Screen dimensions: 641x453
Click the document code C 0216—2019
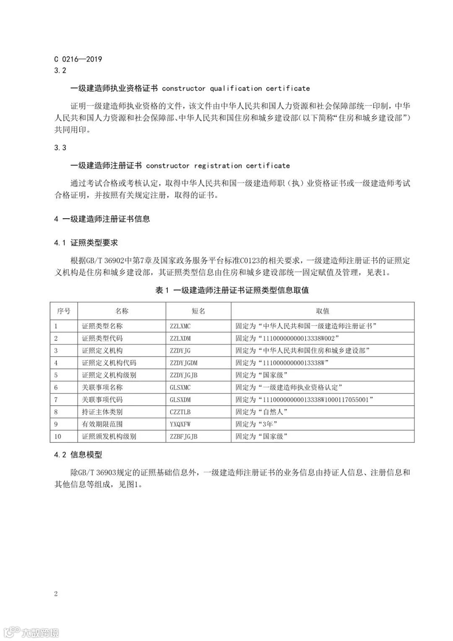tap(78, 59)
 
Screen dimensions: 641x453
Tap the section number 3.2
tap(60, 71)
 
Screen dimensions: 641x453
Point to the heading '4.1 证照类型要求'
tap(86, 243)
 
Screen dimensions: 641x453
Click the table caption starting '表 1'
tap(232, 290)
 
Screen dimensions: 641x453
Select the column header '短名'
tap(198, 311)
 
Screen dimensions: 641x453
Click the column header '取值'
tap(323, 311)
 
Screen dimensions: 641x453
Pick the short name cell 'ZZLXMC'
tap(180, 326)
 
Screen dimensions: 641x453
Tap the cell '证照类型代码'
tap(102, 338)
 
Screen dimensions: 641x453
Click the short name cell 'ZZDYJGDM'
tap(184, 363)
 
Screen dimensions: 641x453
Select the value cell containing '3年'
tap(256, 424)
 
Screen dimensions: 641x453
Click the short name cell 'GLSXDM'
tap(180, 400)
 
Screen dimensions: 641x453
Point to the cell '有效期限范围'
tap(102, 424)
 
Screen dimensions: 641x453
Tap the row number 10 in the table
tap(57, 437)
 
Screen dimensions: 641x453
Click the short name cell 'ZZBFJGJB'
tap(184, 437)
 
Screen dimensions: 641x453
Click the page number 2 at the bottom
tap(56, 594)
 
